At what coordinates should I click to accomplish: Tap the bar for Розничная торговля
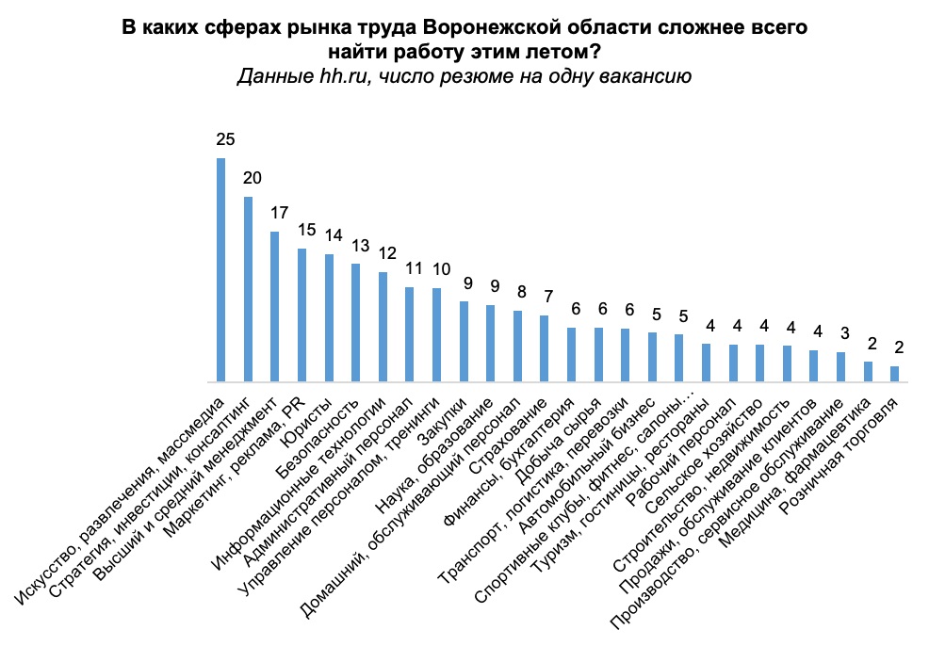[894, 374]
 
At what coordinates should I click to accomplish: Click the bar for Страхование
[545, 348]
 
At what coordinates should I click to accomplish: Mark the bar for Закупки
[464, 341]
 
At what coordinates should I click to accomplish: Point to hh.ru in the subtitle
[344, 76]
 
